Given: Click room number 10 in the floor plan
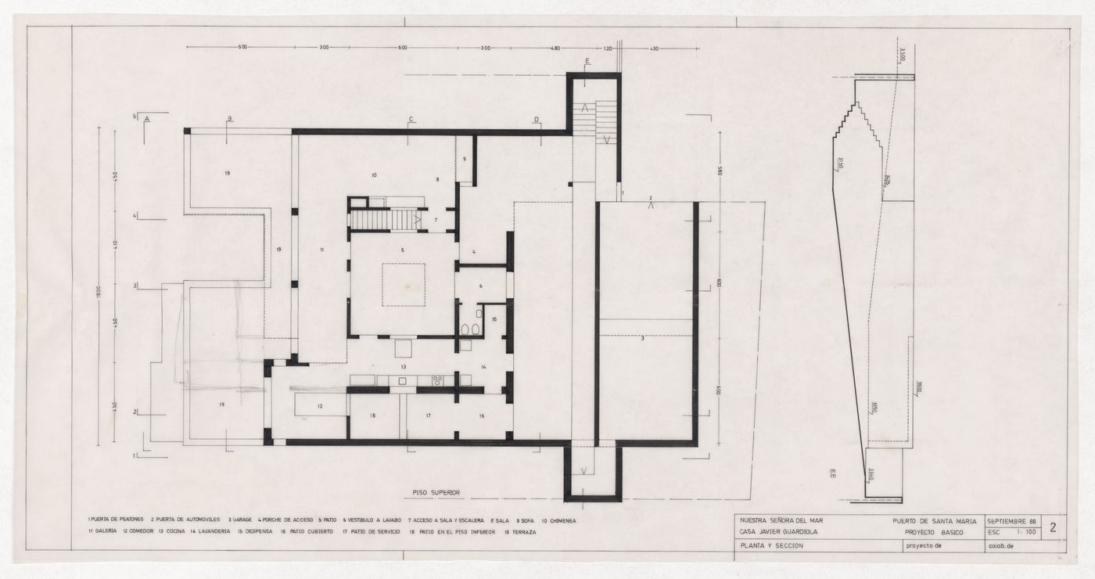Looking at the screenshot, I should click(x=374, y=175).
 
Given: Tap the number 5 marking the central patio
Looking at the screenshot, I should click(x=402, y=250).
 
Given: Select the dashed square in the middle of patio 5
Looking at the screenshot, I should click(x=404, y=285).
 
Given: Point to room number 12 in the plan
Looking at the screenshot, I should click(x=320, y=406).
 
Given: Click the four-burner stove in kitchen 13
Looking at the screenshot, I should click(x=436, y=381).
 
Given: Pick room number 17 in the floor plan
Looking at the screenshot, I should click(x=429, y=415).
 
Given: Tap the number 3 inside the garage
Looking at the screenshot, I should click(x=642, y=337).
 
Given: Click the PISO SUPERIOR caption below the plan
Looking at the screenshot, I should click(x=436, y=493).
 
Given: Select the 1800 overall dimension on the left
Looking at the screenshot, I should click(x=99, y=290).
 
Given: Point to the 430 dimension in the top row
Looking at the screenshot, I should click(x=655, y=48).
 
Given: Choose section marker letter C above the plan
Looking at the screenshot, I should click(x=411, y=120).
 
